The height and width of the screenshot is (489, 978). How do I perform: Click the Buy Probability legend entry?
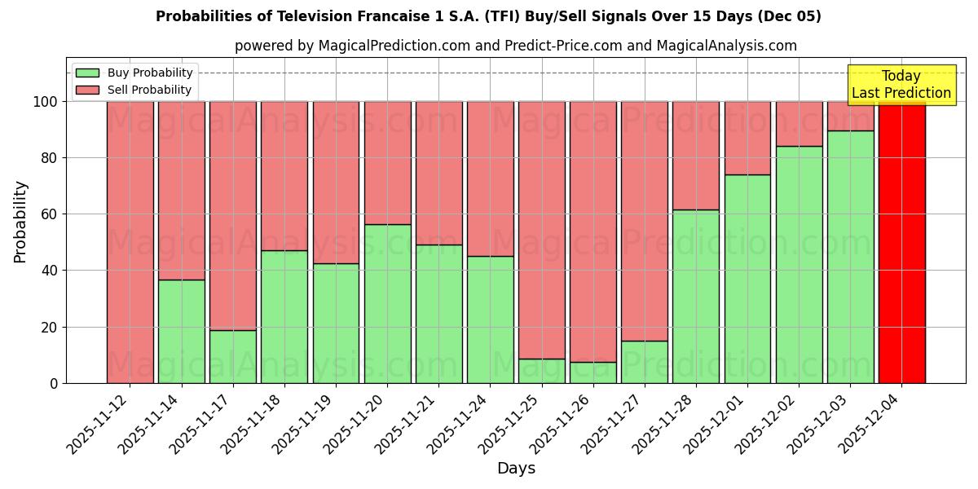pyautogui.click(x=134, y=73)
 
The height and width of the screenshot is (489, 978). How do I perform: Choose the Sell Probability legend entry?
pyautogui.click(x=134, y=90)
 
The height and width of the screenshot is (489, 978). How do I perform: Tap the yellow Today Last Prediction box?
pyautogui.click(x=901, y=85)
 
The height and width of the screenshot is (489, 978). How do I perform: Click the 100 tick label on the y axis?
pyautogui.click(x=45, y=102)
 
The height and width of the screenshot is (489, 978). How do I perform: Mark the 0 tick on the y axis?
pyautogui.click(x=53, y=383)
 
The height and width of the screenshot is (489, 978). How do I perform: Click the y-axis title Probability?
pyautogui.click(x=20, y=222)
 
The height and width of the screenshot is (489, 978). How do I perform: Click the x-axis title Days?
pyautogui.click(x=516, y=469)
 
